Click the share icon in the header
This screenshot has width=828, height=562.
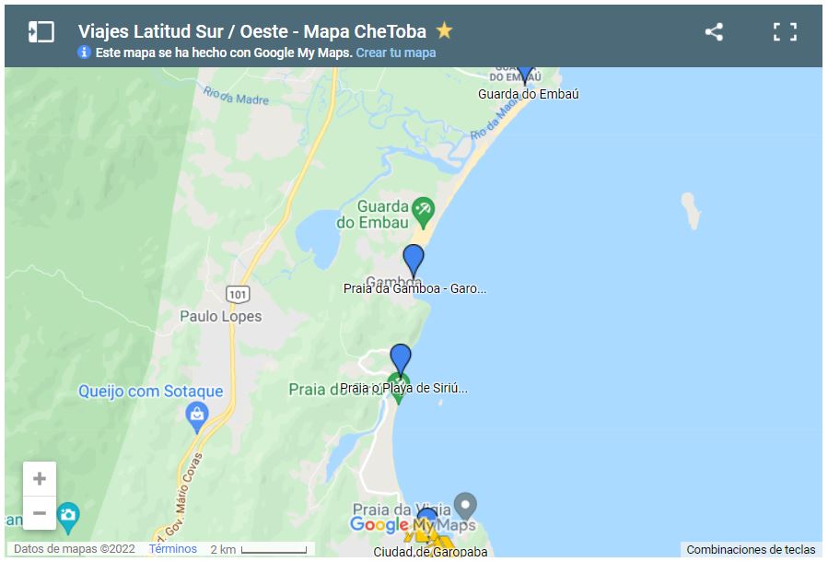coord(714,31)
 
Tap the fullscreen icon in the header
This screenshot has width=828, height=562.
coord(785,31)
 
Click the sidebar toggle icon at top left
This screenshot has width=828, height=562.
coord(41,31)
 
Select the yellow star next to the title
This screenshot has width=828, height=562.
coord(445,30)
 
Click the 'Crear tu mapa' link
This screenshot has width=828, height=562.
coord(396,53)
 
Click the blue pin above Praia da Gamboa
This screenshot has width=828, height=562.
coord(414,260)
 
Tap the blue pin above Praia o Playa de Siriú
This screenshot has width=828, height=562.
coord(401,358)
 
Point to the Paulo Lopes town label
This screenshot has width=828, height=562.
coord(221,316)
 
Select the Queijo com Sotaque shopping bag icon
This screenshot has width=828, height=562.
coord(196,418)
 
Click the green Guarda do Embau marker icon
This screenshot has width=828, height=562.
coord(423,209)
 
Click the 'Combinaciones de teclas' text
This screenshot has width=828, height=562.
coord(751,550)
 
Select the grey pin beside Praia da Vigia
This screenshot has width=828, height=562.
coord(467,505)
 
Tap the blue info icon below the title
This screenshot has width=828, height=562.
coord(85,53)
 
